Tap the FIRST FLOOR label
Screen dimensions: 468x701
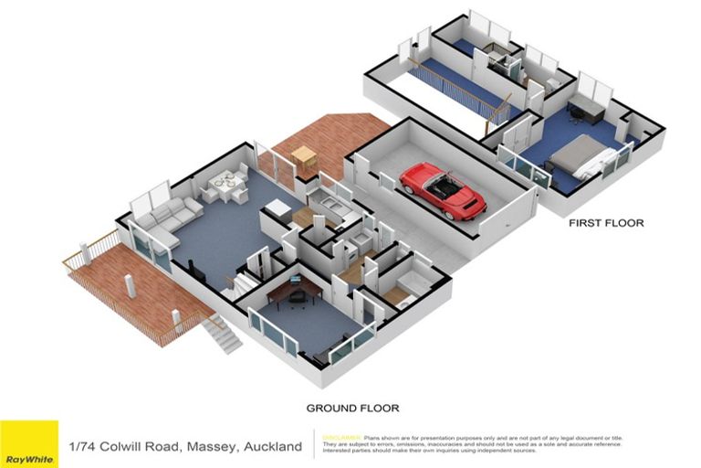coord(606,223)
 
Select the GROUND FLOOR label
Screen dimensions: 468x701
coord(352,408)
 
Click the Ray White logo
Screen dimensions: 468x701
coord(28,444)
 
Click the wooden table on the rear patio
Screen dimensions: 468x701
coord(304,157)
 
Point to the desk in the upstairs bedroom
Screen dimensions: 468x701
coord(586,111)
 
